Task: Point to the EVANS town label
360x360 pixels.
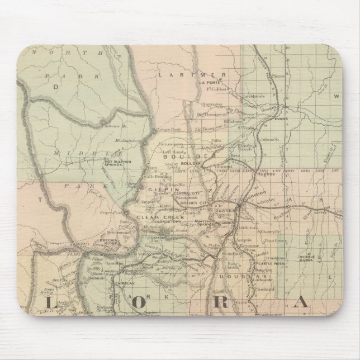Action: pos(280,119)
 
